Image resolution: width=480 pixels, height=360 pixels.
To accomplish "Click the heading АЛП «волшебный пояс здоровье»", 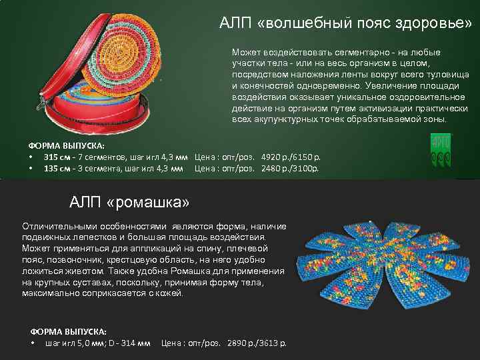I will click(345, 23).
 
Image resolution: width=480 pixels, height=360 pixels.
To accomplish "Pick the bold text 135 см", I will click(55, 168).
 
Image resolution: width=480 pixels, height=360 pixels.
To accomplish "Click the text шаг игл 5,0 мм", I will click(70, 343).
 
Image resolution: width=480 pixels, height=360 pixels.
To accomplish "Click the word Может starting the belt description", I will click(245, 51).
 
